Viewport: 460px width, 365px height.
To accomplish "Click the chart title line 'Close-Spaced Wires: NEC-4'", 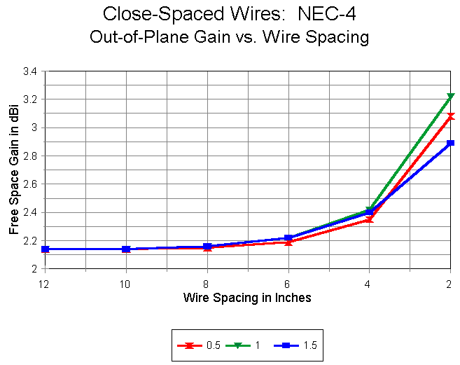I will (x=229, y=13).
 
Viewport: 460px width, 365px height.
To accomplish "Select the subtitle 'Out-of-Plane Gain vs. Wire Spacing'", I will (x=229, y=37).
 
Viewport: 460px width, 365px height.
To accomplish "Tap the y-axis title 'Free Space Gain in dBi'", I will (x=14, y=170).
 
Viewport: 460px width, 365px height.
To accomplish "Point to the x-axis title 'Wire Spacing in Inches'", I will (x=247, y=297).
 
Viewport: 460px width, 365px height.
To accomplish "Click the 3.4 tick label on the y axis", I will (x=31, y=71).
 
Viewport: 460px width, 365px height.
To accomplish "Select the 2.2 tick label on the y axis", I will (x=31, y=240).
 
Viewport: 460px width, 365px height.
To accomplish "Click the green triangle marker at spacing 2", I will (x=450, y=97).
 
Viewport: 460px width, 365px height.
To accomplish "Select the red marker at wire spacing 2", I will (x=450, y=116).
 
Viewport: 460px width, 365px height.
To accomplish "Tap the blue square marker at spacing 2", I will (x=450, y=143).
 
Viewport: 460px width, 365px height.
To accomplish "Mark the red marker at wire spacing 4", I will (x=369, y=219).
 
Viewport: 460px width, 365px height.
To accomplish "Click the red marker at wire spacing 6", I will (x=288, y=242).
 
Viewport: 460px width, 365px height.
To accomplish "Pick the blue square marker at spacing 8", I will (x=207, y=247).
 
